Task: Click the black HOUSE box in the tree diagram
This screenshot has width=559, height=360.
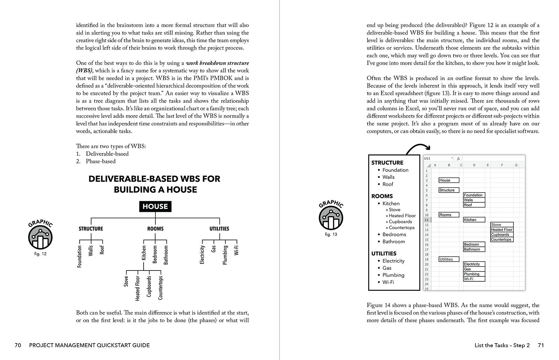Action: click(x=155, y=207)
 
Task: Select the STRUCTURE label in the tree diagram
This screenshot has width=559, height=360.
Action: click(x=91, y=229)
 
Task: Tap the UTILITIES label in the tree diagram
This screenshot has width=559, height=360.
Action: click(x=219, y=229)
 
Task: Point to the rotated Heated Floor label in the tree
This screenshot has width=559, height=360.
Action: click(x=138, y=288)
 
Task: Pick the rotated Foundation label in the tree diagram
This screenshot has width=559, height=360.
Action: click(x=80, y=256)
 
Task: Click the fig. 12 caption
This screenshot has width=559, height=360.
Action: click(x=40, y=254)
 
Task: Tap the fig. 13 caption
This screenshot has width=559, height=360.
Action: click(x=331, y=234)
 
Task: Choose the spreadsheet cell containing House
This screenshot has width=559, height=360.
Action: click(x=449, y=180)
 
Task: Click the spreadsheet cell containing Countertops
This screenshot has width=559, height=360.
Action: click(x=502, y=239)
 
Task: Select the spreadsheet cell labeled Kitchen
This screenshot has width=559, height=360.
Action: click(x=474, y=220)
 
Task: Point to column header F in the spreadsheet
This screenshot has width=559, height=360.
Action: click(x=502, y=165)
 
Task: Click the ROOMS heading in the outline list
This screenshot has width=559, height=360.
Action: click(x=382, y=196)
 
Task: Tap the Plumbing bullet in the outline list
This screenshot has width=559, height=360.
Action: click(x=393, y=275)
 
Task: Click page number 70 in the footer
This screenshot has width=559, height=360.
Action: click(x=18, y=345)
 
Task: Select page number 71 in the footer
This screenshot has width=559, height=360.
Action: click(x=540, y=345)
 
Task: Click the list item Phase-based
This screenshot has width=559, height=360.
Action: click(x=101, y=161)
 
